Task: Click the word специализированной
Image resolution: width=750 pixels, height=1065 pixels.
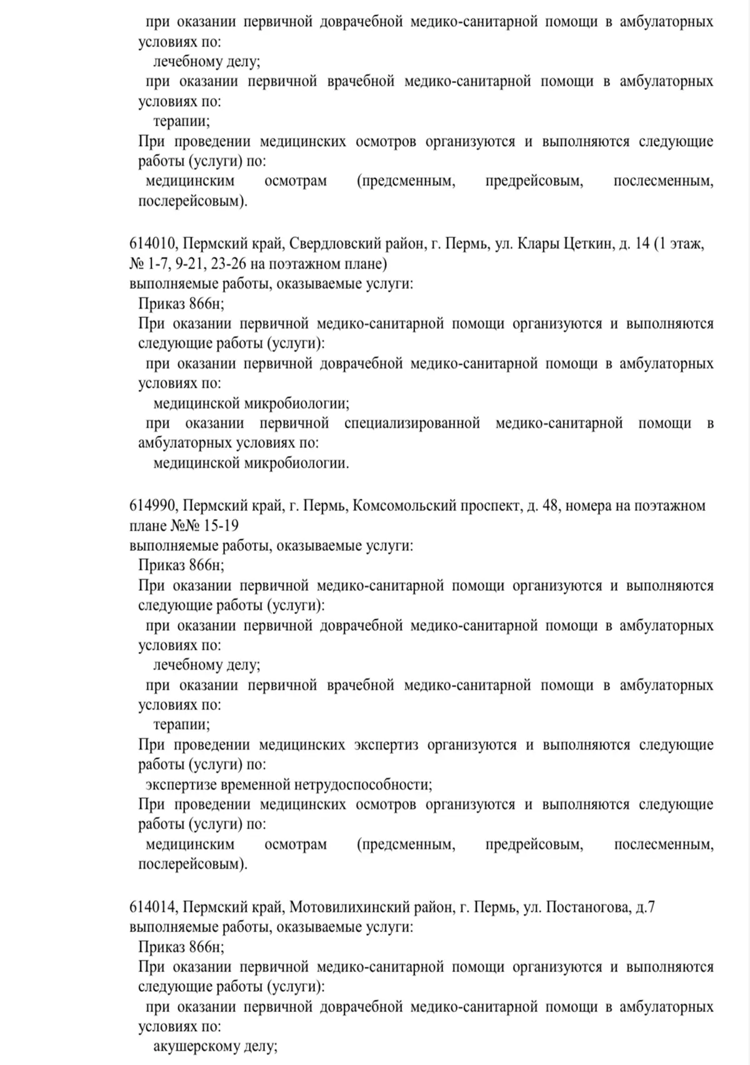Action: tap(412, 424)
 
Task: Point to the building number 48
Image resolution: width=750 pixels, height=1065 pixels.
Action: tap(542, 505)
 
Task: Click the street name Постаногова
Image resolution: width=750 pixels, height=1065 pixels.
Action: tap(587, 908)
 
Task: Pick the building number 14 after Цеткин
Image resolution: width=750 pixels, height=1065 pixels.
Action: tap(642, 244)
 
